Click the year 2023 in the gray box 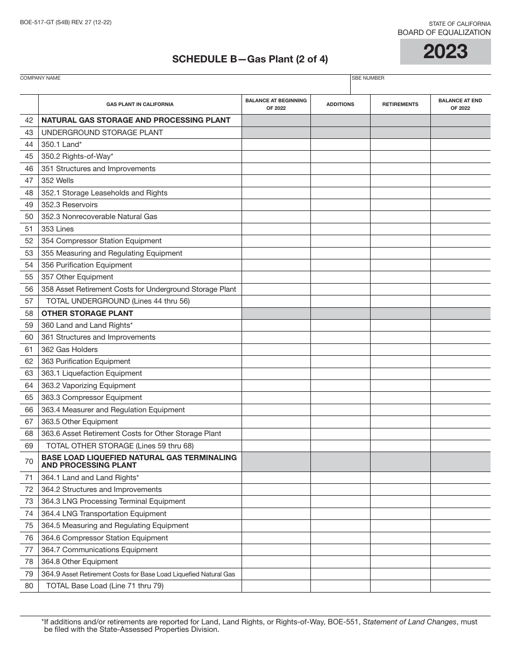pos(445,52)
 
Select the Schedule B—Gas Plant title pos(250,60)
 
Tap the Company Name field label pos(40,78)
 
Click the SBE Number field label pos(368,78)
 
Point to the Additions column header pos(340,104)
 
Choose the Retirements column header pos(400,104)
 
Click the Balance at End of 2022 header pos(460,104)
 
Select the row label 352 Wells pos(58,181)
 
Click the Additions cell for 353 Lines pos(340,229)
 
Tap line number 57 pos(29,301)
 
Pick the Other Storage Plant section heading pos(87,313)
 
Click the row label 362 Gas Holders pos(69,350)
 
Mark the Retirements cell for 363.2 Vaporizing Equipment pos(400,386)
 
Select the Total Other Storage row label pos(120,446)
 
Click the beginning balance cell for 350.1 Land pos(276,145)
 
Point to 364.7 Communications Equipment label pos(100,550)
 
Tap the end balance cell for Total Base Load pos(460,586)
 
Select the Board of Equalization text pos(444,33)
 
